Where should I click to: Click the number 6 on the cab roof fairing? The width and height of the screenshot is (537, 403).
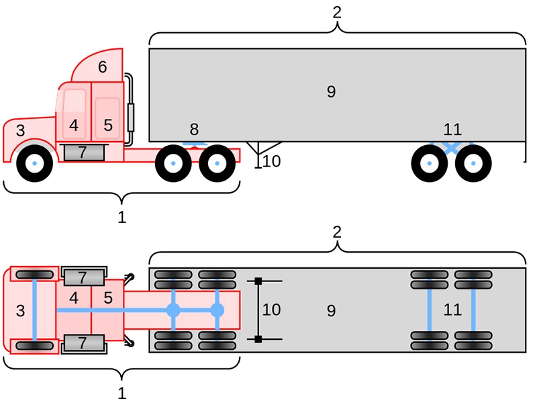coord(102,67)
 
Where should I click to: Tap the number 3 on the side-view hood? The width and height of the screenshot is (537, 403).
coord(20,131)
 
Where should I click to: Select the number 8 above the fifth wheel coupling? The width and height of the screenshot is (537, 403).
coord(194,129)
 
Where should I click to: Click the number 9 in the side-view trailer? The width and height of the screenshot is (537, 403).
coord(330,92)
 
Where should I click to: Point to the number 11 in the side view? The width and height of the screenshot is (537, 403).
coord(452,129)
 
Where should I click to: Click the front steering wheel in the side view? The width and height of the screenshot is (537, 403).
coord(34,163)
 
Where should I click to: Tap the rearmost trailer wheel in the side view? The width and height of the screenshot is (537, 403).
coord(473,163)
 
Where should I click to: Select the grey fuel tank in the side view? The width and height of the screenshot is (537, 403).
coord(83,152)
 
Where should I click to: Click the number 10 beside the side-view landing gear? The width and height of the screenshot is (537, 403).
coord(271,161)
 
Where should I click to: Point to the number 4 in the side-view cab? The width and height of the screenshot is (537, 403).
coord(74,126)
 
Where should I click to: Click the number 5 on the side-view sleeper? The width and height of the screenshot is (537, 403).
coord(107,126)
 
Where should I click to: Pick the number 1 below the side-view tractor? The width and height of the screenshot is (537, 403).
coord(121,218)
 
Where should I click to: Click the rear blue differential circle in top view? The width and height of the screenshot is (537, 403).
coord(217,310)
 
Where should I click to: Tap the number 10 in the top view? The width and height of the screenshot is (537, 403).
coord(271,310)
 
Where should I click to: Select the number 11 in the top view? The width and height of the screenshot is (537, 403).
coord(452,310)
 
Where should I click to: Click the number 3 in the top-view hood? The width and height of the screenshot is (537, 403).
coord(20,310)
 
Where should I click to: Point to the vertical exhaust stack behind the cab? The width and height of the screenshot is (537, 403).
coord(131,111)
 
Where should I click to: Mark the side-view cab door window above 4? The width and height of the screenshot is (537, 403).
coord(75,103)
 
